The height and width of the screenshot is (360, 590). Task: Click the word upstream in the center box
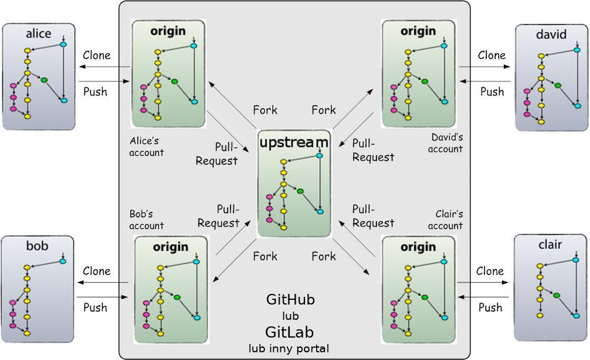(293, 142)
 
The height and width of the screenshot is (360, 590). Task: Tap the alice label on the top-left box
(38, 34)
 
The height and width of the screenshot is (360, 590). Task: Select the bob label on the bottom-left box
(37, 246)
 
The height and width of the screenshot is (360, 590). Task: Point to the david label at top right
(550, 34)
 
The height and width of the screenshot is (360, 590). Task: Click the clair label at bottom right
(550, 245)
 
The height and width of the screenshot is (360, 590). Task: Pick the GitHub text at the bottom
(290, 300)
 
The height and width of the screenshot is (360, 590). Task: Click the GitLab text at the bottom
(290, 330)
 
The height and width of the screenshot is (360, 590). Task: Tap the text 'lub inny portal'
(289, 348)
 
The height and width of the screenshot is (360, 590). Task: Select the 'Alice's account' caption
(146, 147)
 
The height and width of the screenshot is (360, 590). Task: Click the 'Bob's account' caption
(146, 220)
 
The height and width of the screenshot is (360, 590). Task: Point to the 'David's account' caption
(446, 143)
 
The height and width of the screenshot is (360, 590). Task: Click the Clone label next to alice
(96, 55)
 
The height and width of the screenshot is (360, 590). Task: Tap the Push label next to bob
(95, 307)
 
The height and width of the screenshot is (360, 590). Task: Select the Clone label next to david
(491, 55)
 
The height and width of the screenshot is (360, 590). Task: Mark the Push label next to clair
(490, 307)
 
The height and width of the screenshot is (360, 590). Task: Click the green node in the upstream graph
(300, 191)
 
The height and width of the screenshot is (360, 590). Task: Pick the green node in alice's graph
(44, 80)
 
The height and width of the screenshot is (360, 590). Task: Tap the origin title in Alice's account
(168, 31)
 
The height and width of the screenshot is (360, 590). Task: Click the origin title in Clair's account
(418, 247)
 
